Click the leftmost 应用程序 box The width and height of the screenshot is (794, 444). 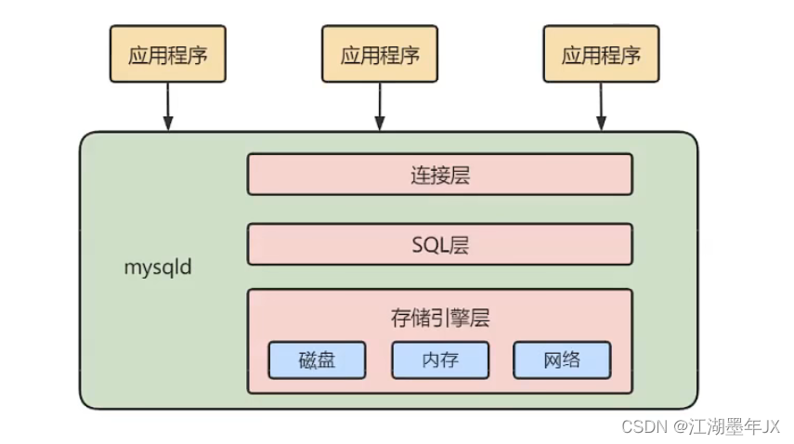[168, 55]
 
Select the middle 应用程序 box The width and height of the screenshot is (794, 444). [379, 55]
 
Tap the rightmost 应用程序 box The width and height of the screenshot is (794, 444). [601, 55]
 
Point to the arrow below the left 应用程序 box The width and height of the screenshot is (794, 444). [168, 107]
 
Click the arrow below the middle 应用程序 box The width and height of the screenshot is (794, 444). [379, 107]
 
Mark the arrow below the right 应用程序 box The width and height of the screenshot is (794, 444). [601, 107]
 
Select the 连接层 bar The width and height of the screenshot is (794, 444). [439, 175]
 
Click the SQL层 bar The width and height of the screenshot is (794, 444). [439, 244]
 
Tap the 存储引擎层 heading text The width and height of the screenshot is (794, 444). [439, 318]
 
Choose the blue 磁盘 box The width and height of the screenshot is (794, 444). [317, 360]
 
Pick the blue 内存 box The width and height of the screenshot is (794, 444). [439, 360]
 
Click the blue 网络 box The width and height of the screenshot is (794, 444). [562, 360]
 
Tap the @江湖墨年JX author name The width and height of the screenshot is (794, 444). [727, 426]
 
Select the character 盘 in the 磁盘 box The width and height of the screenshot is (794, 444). [326, 360]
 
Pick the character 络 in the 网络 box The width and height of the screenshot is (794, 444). [572, 360]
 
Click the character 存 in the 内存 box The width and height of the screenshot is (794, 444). [449, 360]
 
